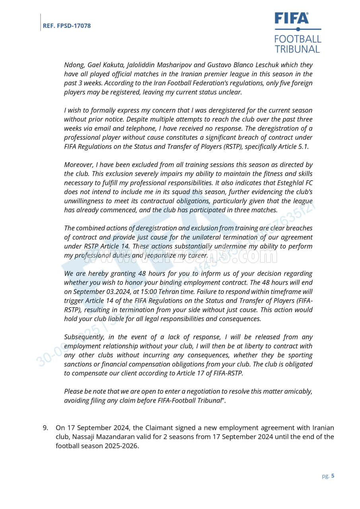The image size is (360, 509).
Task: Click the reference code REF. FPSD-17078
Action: click(x=67, y=26)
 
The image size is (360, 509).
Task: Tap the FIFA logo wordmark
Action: click(x=292, y=18)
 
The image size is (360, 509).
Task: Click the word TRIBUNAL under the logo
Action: click(x=298, y=49)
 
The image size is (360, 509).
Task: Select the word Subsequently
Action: click(x=84, y=337)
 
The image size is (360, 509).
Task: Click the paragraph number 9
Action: click(x=45, y=428)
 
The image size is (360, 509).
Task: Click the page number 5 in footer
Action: click(x=333, y=476)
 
